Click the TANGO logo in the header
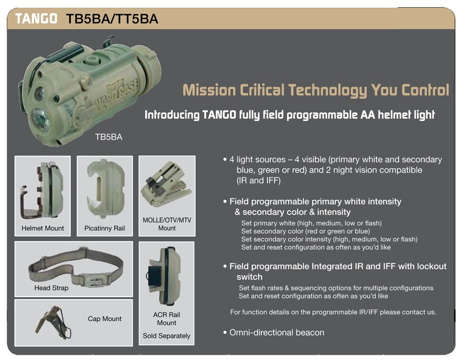[x=36, y=18]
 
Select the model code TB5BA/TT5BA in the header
[x=112, y=19]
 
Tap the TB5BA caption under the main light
[x=108, y=137]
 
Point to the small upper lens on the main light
[x=39, y=94]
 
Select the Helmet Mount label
[x=43, y=228]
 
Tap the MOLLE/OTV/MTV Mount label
[x=167, y=224]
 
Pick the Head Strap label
[x=51, y=288]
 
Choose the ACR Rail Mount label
[x=167, y=318]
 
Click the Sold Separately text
[x=166, y=336]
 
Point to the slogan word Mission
[x=209, y=90]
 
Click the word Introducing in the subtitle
[x=172, y=115]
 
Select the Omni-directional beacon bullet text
[x=277, y=332]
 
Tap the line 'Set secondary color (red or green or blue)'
[x=306, y=231]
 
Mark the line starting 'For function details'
[x=333, y=312]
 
